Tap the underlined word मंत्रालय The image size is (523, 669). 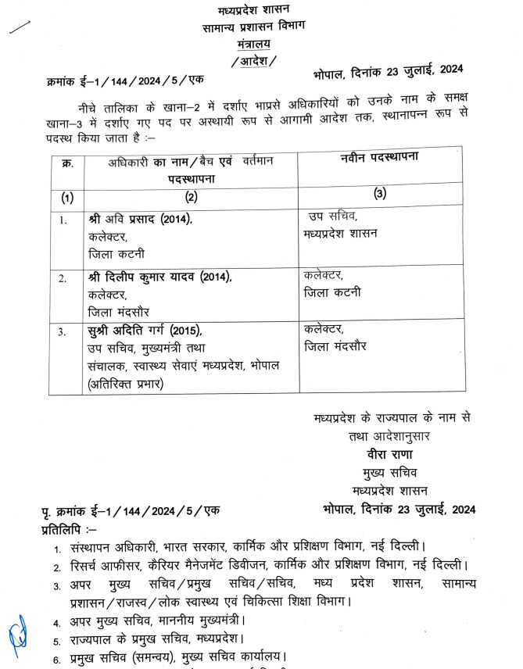[253, 45]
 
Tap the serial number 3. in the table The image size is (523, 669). [63, 332]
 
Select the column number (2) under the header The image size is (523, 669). [188, 199]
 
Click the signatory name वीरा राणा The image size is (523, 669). [392, 453]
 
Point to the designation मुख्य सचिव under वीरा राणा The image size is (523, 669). [392, 473]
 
